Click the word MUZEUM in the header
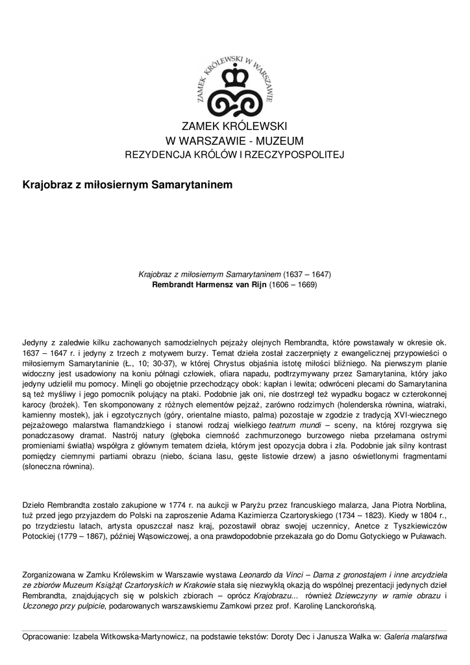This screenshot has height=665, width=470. click(x=277, y=141)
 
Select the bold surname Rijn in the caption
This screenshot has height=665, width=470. click(x=250, y=284)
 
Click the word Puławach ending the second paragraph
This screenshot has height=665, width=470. click(x=426, y=536)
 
